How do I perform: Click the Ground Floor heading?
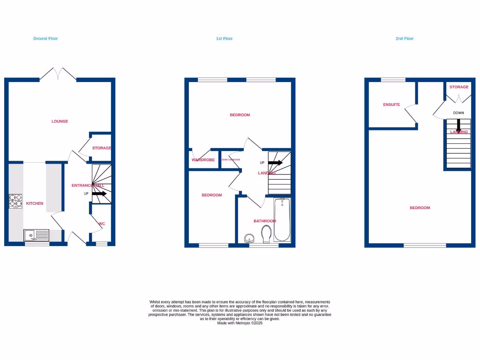coord(45,38)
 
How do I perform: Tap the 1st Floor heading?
coord(224,38)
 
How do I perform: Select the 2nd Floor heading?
coord(405,38)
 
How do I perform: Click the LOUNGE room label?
coord(60,121)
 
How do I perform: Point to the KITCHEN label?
coord(35,203)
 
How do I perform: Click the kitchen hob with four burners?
coord(15,201)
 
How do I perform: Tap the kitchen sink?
coord(36,234)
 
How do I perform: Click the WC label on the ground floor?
coord(102,224)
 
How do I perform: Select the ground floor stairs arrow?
coord(99,193)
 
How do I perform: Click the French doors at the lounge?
coord(58,74)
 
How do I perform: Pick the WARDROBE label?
coord(203,160)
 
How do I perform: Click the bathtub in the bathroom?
coord(282,219)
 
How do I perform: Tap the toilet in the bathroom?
coord(266,234)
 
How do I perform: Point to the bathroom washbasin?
coord(249,238)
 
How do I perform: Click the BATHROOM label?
coord(265,221)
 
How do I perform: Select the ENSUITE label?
coord(391,105)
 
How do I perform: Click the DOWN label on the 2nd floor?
coord(458,113)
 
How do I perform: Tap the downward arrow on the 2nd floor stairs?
coord(458,125)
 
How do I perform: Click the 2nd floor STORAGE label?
coord(459,87)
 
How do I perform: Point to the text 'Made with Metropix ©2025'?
coord(240,322)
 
